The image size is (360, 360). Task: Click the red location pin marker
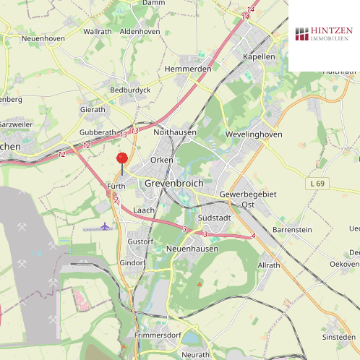121,159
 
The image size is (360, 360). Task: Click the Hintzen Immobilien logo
324,34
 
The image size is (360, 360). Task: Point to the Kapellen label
259,56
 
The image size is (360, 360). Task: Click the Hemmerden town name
188,69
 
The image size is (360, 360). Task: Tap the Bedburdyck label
130,90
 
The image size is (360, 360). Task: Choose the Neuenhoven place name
43,38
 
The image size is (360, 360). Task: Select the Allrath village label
268,265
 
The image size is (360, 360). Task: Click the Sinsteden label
339,337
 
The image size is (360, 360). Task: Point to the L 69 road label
317,184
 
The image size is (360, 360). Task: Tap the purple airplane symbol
106,227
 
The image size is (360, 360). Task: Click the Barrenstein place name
292,229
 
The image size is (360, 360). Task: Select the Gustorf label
140,241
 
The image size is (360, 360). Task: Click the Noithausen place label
176,132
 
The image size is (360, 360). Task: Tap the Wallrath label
98,32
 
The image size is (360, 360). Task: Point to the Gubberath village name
98,132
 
